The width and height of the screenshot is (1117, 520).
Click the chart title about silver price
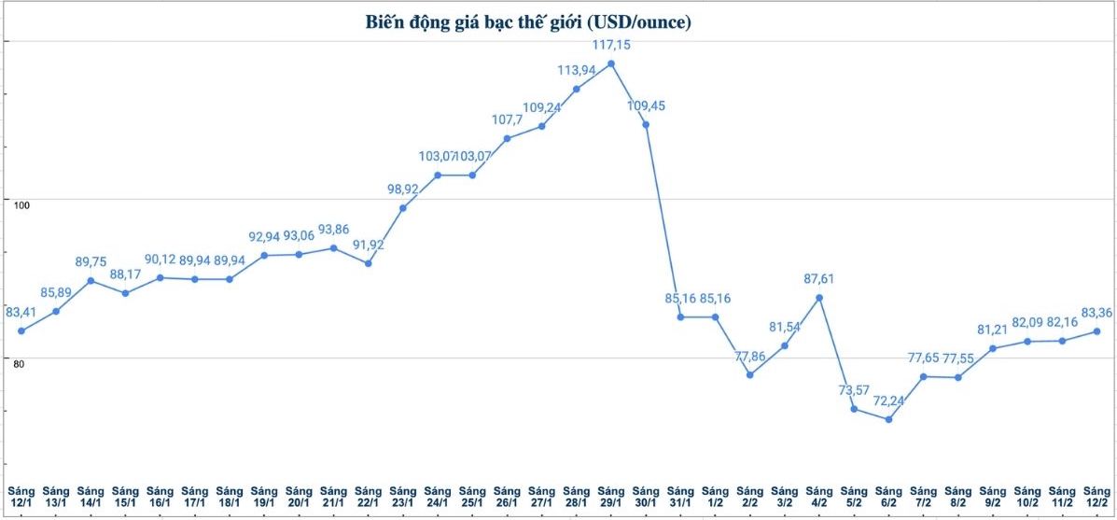tap(527, 22)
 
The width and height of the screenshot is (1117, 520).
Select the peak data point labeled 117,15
tap(611, 63)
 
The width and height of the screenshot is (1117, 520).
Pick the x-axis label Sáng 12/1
tap(21, 497)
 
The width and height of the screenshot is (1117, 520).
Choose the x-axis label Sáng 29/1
tap(611, 497)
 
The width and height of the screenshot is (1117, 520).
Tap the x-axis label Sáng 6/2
tap(889, 497)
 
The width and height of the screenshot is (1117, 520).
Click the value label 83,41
tap(23, 312)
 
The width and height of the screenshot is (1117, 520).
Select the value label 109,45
tap(646, 105)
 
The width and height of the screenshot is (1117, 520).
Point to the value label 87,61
tap(819, 278)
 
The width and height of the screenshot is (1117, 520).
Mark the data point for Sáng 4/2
tap(819, 298)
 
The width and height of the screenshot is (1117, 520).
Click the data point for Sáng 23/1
tap(403, 208)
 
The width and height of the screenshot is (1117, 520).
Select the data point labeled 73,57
tap(854, 409)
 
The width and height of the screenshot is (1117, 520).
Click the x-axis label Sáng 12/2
tap(1096, 497)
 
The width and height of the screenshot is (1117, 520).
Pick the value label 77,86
tap(750, 356)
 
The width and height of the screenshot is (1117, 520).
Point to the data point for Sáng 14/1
tap(91, 281)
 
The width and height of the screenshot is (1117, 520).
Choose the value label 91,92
tap(369, 246)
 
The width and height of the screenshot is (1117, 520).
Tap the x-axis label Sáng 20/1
tap(299, 497)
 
